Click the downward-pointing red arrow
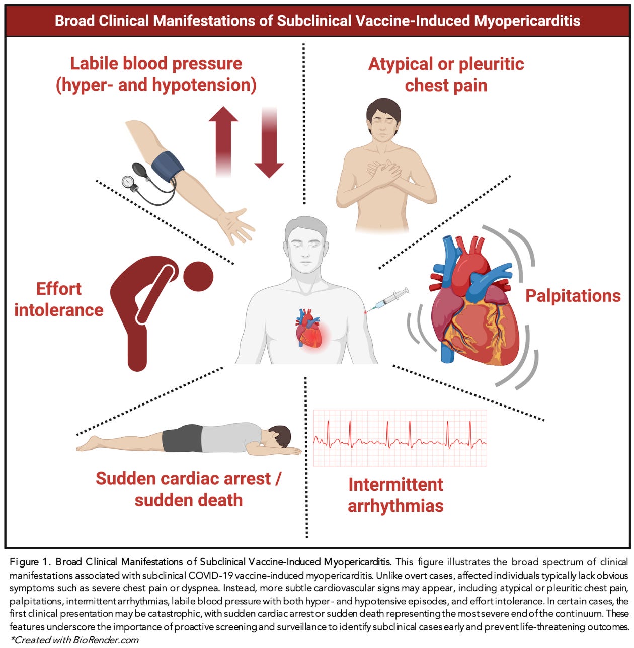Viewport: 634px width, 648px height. pos(269,146)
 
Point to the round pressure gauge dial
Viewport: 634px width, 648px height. pos(128,181)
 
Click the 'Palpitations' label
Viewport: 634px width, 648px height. pos(573,296)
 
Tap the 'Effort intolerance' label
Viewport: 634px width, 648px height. pos(58,299)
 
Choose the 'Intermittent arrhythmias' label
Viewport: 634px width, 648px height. pos(395,495)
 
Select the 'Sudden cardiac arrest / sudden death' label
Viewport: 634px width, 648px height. pos(188,489)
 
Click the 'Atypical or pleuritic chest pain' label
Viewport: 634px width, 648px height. pos(446,74)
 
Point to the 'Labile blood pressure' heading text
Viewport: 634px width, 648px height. pos(156,64)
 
